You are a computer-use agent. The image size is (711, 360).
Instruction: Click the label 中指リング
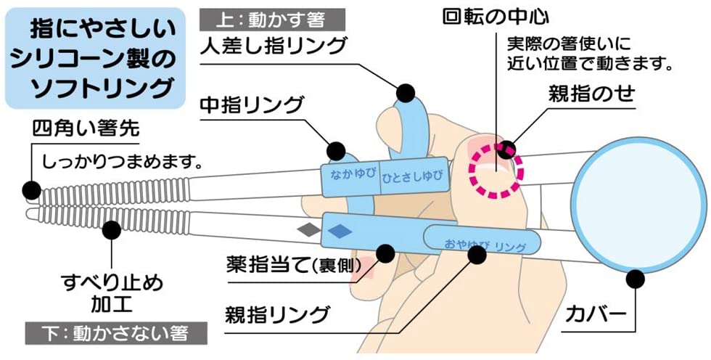(x=251, y=106)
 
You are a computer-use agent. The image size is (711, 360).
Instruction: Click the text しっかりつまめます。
(x=120, y=158)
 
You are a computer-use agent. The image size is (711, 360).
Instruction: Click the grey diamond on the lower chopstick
(x=308, y=230)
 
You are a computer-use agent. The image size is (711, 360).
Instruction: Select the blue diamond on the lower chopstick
(x=338, y=231)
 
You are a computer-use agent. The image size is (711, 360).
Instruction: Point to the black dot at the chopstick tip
(x=31, y=189)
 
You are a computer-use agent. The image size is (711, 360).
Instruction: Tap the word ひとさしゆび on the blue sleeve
(x=411, y=177)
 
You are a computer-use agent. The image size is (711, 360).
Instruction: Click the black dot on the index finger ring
(x=405, y=93)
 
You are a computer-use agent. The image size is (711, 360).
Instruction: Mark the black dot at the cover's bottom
(x=637, y=277)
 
